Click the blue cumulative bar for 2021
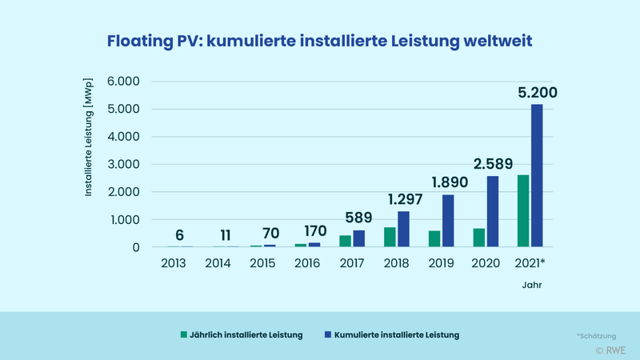pos(537,176)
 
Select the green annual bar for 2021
pos(523,211)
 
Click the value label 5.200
pos(537,93)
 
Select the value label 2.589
pos(492,164)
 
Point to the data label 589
pos(358,218)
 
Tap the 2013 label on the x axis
pos(173,262)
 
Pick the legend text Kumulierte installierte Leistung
pos(396,335)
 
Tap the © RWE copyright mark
pos(611,350)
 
